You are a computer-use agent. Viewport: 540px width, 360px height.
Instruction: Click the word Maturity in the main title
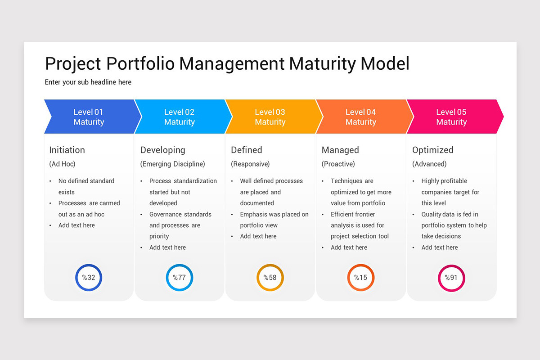[322, 63]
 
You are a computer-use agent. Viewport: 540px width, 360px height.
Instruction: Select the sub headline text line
[88, 82]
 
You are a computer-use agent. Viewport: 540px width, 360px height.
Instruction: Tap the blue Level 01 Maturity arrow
[89, 117]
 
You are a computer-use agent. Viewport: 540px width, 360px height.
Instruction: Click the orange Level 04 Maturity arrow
[361, 117]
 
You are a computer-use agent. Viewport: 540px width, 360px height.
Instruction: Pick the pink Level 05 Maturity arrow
[452, 117]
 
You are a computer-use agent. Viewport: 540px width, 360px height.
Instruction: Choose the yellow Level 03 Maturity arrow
[270, 117]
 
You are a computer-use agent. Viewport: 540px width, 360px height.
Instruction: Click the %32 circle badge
[89, 278]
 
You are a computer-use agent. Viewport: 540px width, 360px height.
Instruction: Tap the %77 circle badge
[180, 278]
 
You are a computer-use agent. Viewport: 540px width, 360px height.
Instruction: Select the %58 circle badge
[270, 278]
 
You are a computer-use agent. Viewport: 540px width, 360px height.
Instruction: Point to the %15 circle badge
[361, 278]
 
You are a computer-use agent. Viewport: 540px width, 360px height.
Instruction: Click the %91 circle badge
[451, 278]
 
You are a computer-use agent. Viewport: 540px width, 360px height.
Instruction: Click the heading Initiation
[67, 150]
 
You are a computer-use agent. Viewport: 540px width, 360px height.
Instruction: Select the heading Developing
[162, 150]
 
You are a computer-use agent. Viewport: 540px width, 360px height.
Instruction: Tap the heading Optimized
[433, 150]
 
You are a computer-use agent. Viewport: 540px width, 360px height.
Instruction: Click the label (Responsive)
[250, 164]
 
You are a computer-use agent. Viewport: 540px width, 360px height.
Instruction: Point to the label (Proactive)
[338, 164]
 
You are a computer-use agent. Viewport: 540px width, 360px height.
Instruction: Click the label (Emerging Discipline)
[172, 164]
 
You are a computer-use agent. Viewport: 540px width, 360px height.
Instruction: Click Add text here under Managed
[349, 247]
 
